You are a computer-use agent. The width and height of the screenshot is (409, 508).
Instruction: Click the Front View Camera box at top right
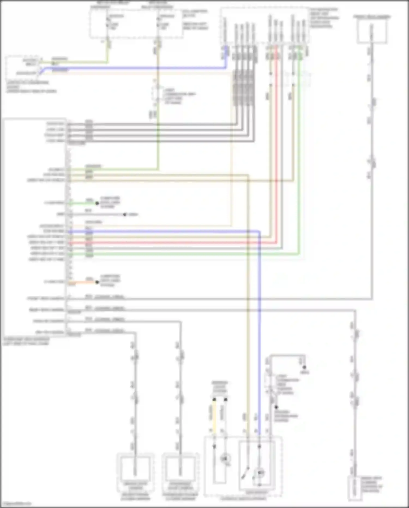click(x=372, y=31)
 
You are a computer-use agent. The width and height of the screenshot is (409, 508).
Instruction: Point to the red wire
click(x=175, y=242)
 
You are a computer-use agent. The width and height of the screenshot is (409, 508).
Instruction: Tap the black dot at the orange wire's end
click(x=97, y=282)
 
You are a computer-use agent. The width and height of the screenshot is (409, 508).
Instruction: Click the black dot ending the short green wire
click(x=97, y=203)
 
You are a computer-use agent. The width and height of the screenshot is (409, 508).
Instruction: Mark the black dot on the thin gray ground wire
click(x=125, y=215)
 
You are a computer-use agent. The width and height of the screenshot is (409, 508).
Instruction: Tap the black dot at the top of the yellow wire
click(x=214, y=400)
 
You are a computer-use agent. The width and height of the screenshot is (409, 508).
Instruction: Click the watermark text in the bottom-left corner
click(x=16, y=503)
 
